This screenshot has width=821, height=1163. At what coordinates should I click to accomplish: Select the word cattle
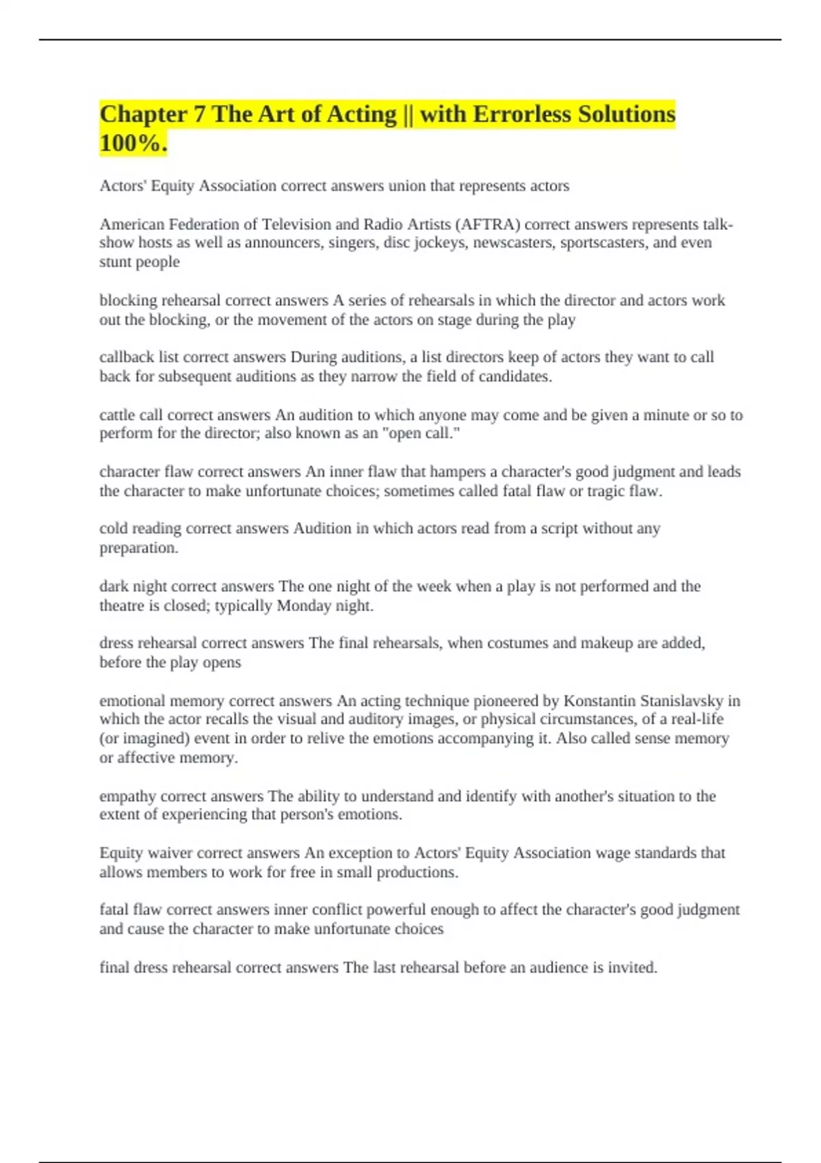[x=117, y=415]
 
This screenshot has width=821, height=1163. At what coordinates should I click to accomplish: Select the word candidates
[x=514, y=376]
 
